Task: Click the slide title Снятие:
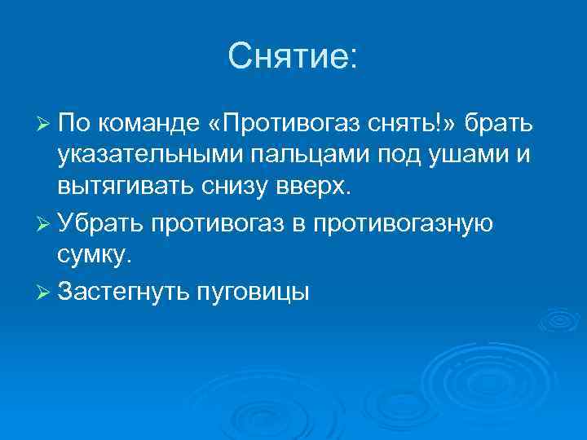[x=293, y=56]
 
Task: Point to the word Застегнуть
[x=123, y=292]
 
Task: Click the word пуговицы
[x=254, y=292]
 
